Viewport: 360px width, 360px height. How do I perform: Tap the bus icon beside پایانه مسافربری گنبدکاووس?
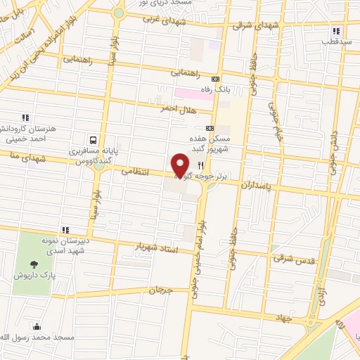(94, 139)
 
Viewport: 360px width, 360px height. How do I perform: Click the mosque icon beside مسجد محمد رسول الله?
(37, 326)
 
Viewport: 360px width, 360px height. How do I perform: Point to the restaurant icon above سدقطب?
(336, 31)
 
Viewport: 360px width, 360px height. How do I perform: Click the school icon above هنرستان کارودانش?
(25, 117)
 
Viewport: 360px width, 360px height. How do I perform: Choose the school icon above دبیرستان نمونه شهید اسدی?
(65, 230)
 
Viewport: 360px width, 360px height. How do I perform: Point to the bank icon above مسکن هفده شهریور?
(210, 128)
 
